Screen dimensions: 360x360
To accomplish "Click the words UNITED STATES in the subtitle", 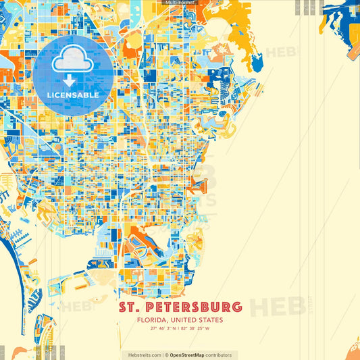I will tap(200, 320).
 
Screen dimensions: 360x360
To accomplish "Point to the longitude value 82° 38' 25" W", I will tap(195, 329).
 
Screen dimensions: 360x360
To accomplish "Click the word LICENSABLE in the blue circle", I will tap(73, 95).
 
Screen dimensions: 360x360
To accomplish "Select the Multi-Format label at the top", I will tap(180, 3).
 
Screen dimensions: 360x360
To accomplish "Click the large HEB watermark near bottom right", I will tap(277, 305).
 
